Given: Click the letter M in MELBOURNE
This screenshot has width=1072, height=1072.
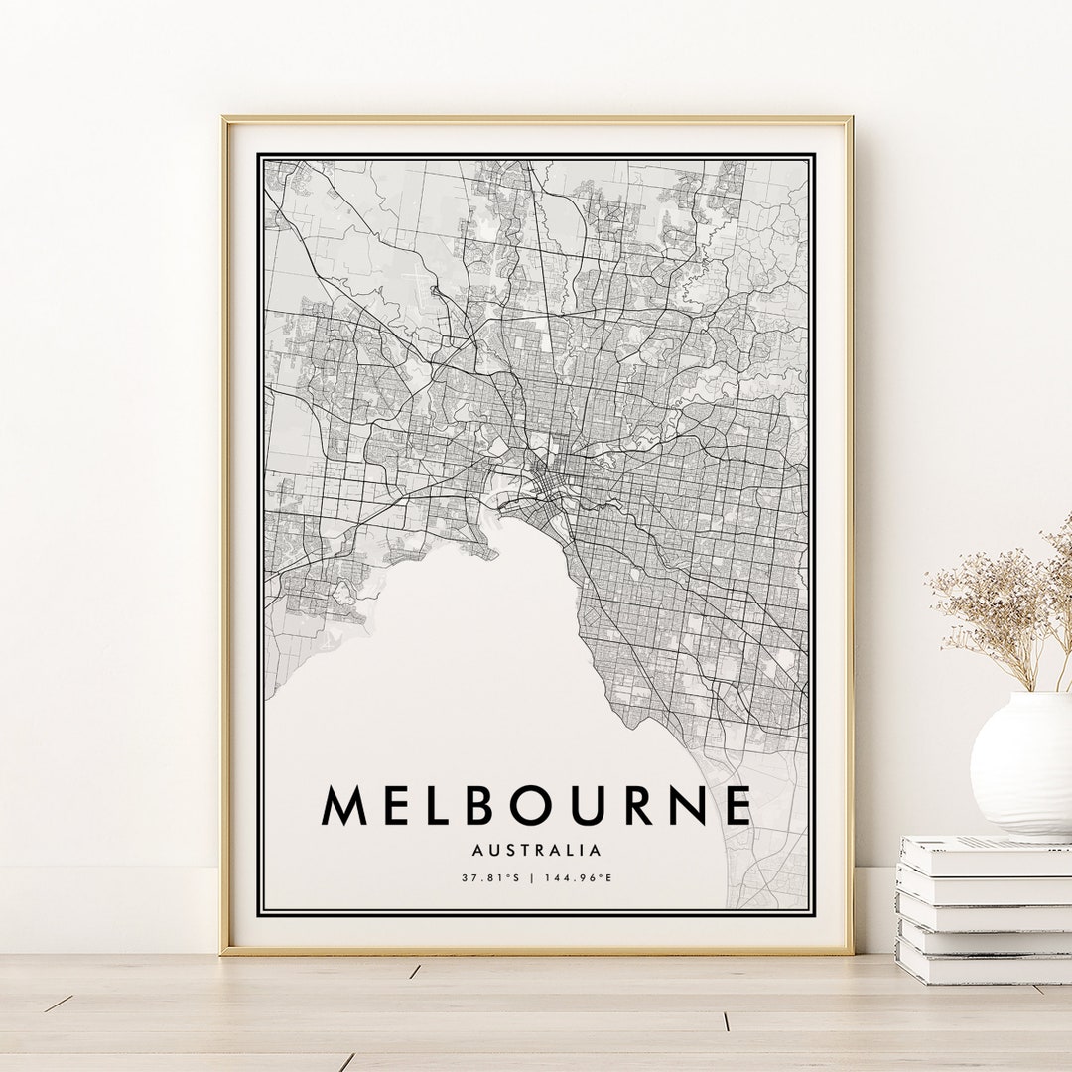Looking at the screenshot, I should point(342,805).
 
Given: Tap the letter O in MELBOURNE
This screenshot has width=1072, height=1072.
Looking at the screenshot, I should point(519,805).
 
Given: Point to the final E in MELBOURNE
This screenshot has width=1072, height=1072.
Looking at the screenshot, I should point(737,805).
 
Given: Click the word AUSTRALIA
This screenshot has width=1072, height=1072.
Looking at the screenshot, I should point(537,850).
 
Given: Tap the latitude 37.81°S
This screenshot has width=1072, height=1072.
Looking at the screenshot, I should point(490,877).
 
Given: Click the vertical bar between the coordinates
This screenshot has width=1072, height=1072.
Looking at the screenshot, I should point(533,877).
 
